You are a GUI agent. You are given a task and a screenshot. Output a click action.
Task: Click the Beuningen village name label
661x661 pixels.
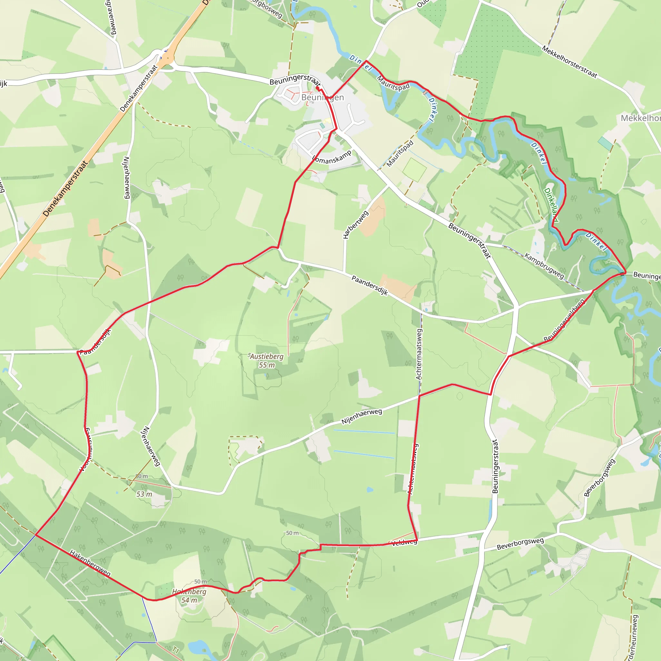(x=322, y=97)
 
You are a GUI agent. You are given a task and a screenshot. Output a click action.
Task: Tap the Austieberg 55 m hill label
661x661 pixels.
(x=267, y=361)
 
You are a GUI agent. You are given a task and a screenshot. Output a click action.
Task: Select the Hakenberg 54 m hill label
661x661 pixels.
(x=189, y=596)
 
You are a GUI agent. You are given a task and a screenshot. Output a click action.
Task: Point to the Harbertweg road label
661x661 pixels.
(x=355, y=224)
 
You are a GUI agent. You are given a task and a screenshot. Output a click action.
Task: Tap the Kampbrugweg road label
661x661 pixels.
(x=544, y=266)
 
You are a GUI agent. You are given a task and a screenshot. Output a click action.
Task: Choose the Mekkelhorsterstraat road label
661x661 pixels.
(x=569, y=62)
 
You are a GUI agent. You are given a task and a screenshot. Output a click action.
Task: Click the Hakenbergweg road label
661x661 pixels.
(x=90, y=563)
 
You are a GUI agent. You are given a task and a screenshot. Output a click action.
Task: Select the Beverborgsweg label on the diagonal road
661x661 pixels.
(x=599, y=477)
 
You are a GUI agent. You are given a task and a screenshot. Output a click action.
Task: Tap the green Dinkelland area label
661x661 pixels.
(x=551, y=205)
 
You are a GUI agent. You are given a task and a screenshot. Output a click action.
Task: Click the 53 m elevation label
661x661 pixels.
(x=144, y=494)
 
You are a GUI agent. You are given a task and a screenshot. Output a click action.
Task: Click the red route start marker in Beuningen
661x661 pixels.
(x=318, y=88)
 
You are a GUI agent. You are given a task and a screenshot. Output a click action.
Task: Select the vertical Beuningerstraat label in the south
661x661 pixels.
(x=495, y=466)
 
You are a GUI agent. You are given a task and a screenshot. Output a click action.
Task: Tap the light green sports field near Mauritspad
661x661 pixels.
(x=415, y=170)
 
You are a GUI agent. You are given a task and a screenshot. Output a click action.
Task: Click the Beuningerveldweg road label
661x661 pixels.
(x=564, y=320)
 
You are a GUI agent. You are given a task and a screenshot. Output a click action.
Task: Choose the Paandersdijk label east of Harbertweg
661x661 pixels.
(x=370, y=286)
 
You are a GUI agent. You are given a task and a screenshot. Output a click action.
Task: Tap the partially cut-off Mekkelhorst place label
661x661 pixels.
(x=640, y=118)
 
